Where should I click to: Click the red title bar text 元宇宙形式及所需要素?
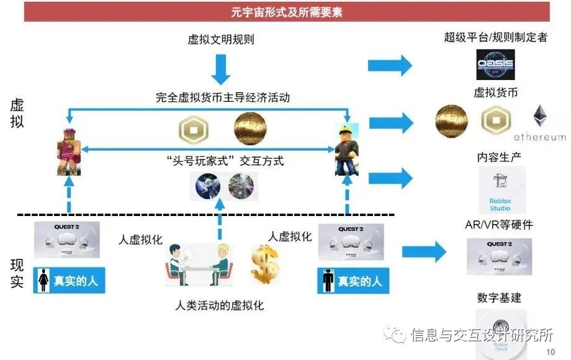pyautogui.click(x=286, y=11)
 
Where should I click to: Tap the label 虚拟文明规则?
pyautogui.click(x=221, y=40)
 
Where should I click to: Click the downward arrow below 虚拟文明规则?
pyautogui.click(x=221, y=70)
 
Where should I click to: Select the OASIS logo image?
pyautogui.click(x=495, y=66)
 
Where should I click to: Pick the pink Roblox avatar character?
pyautogui.click(x=68, y=150)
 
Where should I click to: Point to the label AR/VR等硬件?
pyautogui.click(x=498, y=224)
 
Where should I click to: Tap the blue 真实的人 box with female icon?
pyautogui.click(x=69, y=281)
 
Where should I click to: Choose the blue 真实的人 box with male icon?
pyautogui.click(x=353, y=281)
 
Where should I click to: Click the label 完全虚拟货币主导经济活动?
pyautogui.click(x=222, y=97)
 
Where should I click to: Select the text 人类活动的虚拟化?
pyautogui.click(x=220, y=305)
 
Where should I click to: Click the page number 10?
pyautogui.click(x=551, y=353)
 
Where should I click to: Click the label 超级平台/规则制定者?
pyautogui.click(x=495, y=37)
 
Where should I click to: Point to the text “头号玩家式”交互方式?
pyautogui.click(x=226, y=161)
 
